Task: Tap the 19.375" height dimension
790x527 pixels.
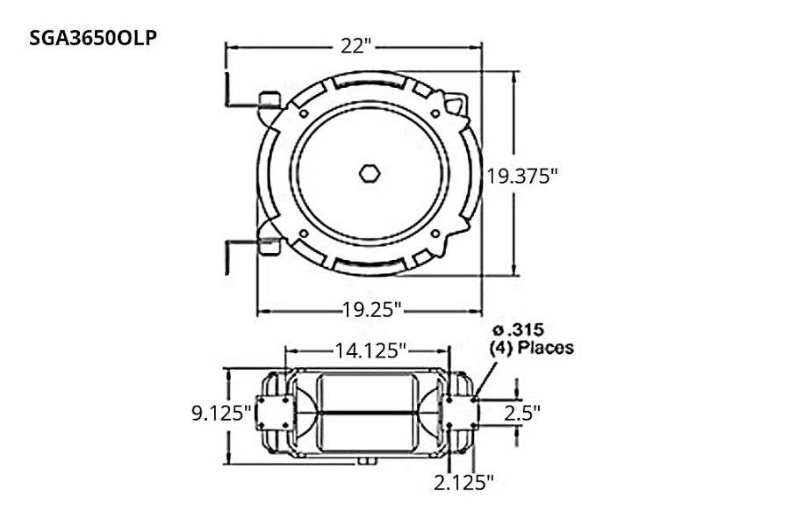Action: pyautogui.click(x=523, y=176)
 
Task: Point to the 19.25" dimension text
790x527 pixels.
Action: pyautogui.click(x=372, y=309)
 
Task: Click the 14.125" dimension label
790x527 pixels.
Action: pyautogui.click(x=370, y=351)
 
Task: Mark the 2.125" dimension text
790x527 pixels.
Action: pyautogui.click(x=464, y=481)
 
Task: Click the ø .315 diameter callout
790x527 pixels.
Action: pyautogui.click(x=518, y=330)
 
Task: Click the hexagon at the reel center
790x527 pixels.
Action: pyautogui.click(x=370, y=173)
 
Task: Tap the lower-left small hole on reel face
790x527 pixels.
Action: pyautogui.click(x=303, y=233)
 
